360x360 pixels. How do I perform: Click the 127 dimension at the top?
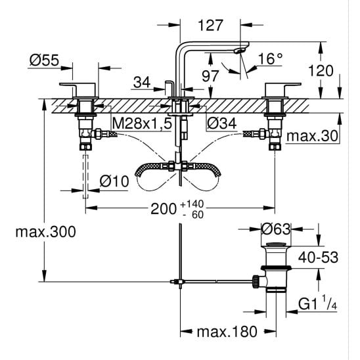[210, 25]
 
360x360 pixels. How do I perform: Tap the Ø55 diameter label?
[44, 60]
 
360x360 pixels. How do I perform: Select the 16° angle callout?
[271, 58]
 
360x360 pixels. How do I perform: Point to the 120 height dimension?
[321, 70]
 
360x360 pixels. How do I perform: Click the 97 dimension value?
[210, 76]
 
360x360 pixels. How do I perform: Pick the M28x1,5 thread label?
[142, 124]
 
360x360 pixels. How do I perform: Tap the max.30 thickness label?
[312, 136]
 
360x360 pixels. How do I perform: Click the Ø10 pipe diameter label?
[114, 181]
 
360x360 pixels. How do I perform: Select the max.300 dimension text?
[45, 232]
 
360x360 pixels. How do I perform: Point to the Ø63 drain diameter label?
[276, 229]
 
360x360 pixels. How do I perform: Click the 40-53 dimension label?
[318, 258]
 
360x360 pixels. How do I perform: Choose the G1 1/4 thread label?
[317, 304]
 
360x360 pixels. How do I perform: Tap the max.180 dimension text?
[227, 332]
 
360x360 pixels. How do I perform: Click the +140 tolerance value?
[192, 204]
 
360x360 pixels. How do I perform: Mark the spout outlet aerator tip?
[239, 51]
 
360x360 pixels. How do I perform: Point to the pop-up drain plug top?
[276, 244]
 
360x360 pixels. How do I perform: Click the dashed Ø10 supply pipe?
[85, 176]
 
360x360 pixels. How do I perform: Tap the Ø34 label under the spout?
[221, 124]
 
